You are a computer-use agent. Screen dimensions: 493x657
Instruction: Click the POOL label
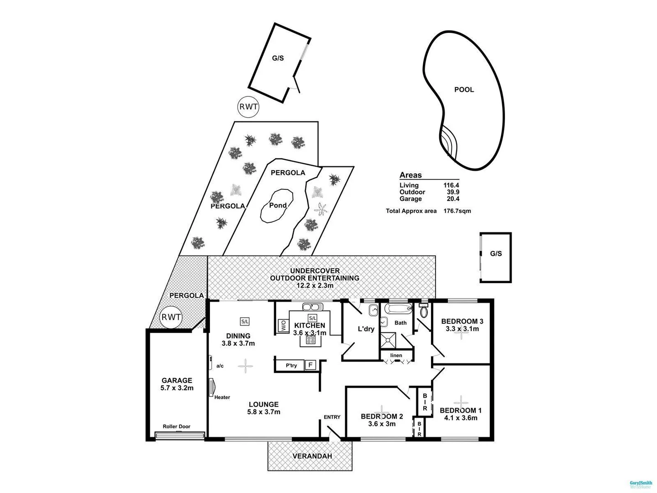point(464,89)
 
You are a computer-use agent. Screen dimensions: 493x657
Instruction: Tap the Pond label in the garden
point(278,205)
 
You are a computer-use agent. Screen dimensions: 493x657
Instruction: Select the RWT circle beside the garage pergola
point(171,317)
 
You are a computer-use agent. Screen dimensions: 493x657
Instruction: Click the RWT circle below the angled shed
point(248,108)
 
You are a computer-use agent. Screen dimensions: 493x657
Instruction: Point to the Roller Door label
point(177,427)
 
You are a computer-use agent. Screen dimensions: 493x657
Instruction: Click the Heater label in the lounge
point(222,397)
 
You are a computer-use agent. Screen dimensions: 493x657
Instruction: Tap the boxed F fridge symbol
point(310,365)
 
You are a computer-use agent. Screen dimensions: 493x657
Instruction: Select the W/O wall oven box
point(283,325)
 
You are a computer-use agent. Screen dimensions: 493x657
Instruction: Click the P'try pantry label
point(291,365)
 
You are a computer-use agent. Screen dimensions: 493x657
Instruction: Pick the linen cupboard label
point(396,356)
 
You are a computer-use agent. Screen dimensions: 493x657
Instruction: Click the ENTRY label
point(332,417)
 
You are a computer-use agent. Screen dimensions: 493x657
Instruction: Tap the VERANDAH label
point(312,456)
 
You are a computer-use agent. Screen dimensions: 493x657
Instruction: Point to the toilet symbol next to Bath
point(424,312)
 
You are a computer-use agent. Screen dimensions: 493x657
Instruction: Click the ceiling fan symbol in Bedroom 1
point(461,402)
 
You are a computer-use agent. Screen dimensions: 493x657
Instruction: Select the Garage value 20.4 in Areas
point(453,199)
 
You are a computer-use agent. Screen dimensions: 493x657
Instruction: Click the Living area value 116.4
point(451,185)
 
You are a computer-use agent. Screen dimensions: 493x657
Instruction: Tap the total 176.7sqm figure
point(457,211)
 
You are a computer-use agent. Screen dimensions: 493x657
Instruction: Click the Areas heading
point(410,175)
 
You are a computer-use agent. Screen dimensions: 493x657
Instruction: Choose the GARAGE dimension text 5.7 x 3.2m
point(177,388)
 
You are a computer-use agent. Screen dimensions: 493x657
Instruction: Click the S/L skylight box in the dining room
point(245,321)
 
